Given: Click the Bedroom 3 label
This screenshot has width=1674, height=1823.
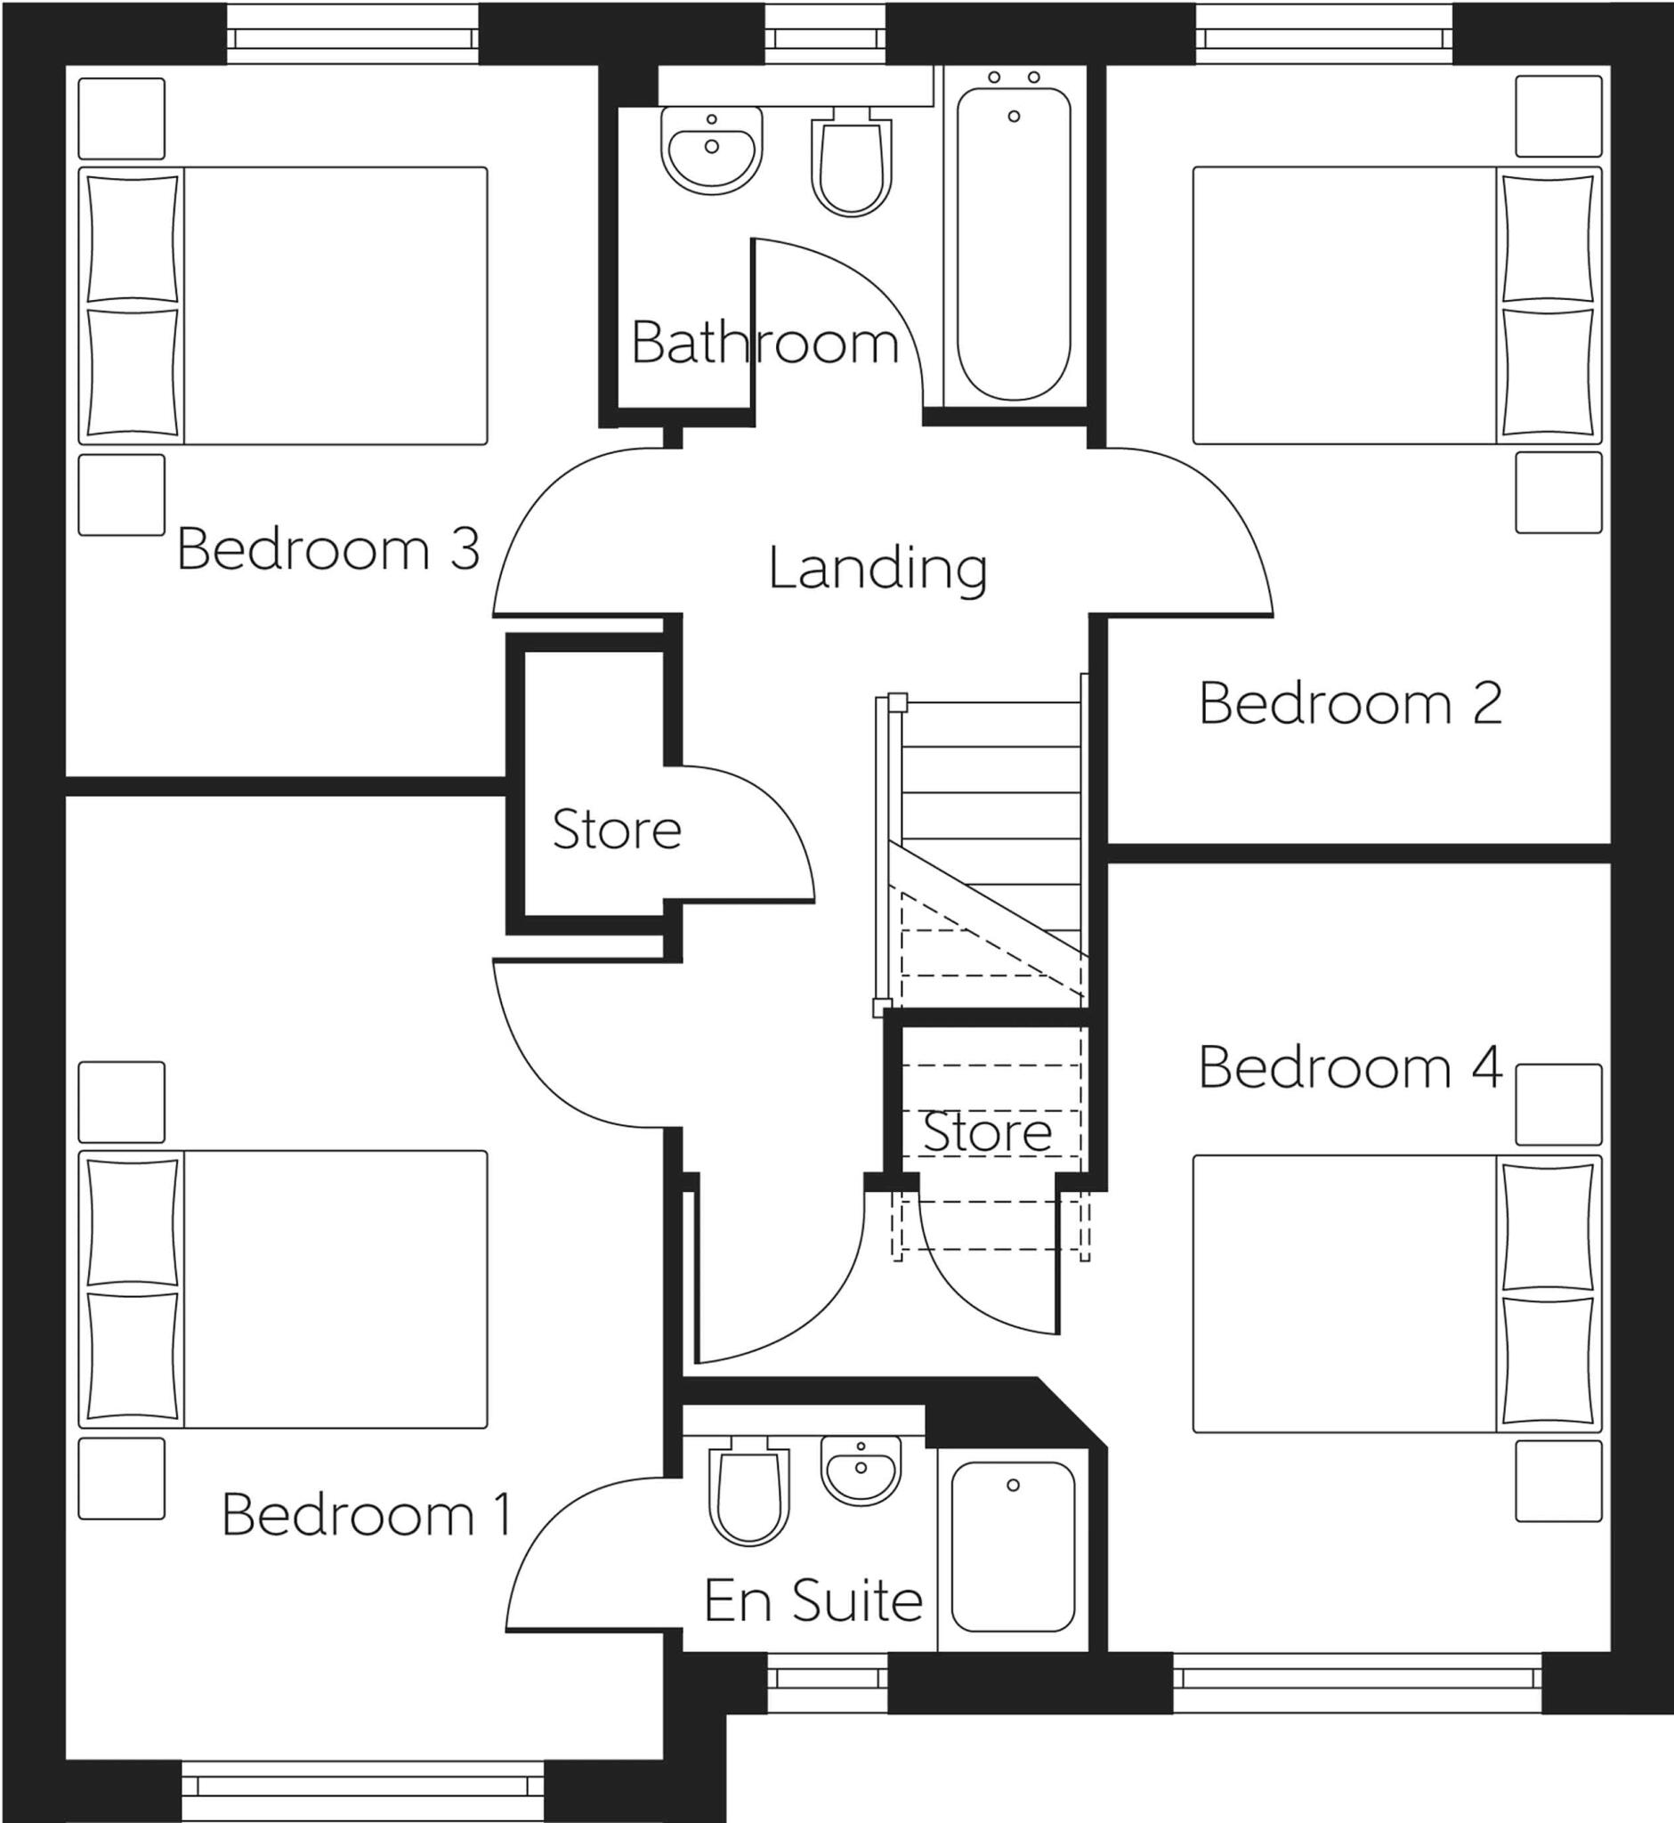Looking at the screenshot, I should click(x=328, y=549).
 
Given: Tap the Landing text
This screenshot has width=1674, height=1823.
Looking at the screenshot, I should click(x=877, y=569).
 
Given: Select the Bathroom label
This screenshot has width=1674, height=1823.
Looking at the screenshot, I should click(x=764, y=344).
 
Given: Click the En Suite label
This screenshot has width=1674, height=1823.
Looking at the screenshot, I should click(x=813, y=1601).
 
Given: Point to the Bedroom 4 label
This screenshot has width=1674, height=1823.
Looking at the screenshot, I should click(x=1351, y=1067).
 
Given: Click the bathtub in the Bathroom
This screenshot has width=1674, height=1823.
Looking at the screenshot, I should click(x=1014, y=243).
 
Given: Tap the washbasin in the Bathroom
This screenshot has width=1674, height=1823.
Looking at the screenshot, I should click(x=712, y=150).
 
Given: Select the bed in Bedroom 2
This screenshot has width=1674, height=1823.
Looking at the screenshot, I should click(x=1396, y=305).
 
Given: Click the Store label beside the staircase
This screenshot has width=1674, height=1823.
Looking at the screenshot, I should click(x=986, y=1131).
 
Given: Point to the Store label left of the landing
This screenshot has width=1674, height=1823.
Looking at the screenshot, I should click(x=617, y=830).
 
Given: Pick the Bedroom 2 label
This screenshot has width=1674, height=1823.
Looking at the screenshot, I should click(x=1350, y=703).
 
